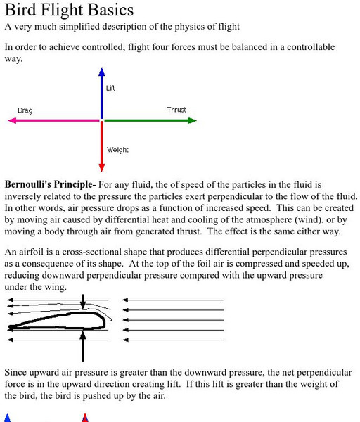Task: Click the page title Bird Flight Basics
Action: [69, 11]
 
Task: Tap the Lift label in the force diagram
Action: [110, 88]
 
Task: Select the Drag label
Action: [25, 110]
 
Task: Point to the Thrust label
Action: [176, 110]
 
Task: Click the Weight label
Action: [117, 150]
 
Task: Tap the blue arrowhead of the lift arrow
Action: [102, 72]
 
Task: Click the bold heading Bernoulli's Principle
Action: [50, 184]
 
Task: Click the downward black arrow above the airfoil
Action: [83, 302]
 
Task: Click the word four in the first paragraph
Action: [184, 47]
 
